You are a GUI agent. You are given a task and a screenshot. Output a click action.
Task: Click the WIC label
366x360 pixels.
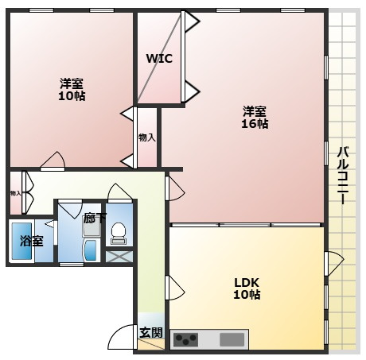(159, 59)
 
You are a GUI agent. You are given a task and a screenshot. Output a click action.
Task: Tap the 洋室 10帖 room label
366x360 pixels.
(72, 89)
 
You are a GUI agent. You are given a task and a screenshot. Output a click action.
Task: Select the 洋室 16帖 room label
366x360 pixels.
(255, 117)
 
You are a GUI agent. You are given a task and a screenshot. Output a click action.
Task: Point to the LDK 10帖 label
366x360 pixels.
(247, 288)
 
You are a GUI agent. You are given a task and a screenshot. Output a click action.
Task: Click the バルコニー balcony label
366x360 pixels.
(343, 176)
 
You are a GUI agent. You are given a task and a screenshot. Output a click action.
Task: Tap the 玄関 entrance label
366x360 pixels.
(151, 332)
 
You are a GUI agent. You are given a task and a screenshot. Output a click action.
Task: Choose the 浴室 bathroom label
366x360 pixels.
(32, 241)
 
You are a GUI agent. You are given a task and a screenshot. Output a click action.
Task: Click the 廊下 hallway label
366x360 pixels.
(95, 218)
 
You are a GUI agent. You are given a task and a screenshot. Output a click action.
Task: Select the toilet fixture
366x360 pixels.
(119, 233)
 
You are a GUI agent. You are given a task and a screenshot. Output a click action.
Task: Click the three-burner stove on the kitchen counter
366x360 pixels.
(185, 339)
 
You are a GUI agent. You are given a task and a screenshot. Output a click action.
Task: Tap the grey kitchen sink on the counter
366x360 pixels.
(232, 339)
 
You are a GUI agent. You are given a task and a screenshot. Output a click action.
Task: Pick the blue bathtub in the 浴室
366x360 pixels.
(21, 241)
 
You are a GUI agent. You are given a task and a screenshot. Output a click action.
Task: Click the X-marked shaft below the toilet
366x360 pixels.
(119, 257)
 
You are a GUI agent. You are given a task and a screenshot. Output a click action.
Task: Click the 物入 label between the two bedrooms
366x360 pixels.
(147, 137)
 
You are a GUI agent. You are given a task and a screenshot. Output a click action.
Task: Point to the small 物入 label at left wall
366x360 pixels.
(15, 193)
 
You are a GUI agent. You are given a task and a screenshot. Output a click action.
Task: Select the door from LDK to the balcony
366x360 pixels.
(334, 264)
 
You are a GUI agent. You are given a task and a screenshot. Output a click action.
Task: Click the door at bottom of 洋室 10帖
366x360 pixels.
(53, 161)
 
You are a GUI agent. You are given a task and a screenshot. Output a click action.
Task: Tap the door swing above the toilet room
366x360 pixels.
(119, 192)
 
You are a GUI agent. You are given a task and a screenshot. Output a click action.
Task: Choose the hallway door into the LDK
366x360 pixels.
(175, 288)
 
